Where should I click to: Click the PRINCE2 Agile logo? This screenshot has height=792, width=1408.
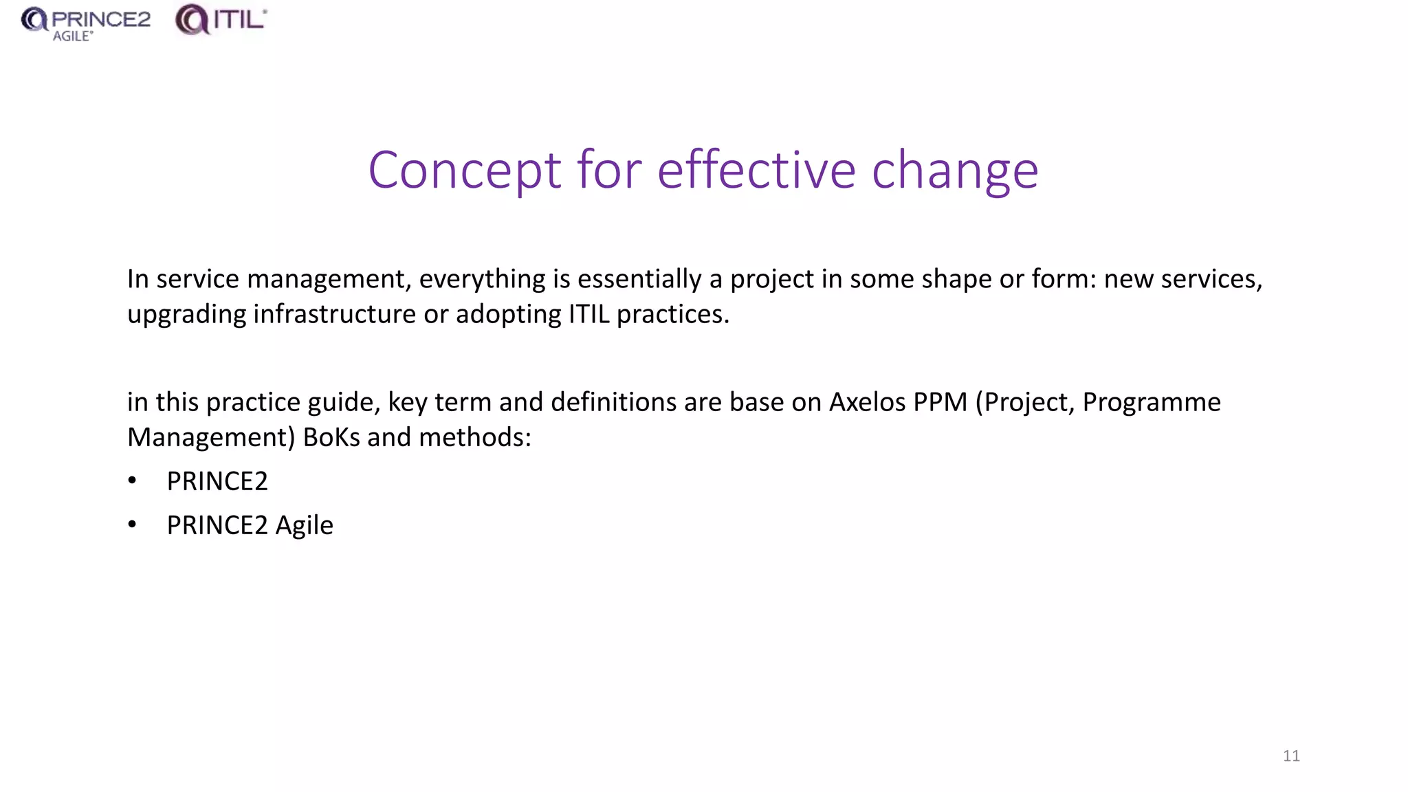point(85,23)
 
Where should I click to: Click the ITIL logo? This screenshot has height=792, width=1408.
point(221,20)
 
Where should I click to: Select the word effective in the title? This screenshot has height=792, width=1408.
point(756,170)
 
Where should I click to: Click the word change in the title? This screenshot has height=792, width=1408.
point(955,171)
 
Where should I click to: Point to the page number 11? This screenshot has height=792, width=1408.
point(1291,756)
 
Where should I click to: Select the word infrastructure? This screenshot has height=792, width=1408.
point(334,315)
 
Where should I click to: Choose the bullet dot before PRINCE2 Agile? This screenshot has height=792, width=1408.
point(133,525)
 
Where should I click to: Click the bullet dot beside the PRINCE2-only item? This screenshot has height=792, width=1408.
point(133,481)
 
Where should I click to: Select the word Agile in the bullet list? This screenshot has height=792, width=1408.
point(304,526)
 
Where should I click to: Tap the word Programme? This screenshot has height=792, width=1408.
point(1152,402)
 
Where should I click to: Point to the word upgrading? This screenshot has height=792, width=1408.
point(186,315)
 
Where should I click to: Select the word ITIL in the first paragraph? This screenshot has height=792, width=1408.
point(588,315)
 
